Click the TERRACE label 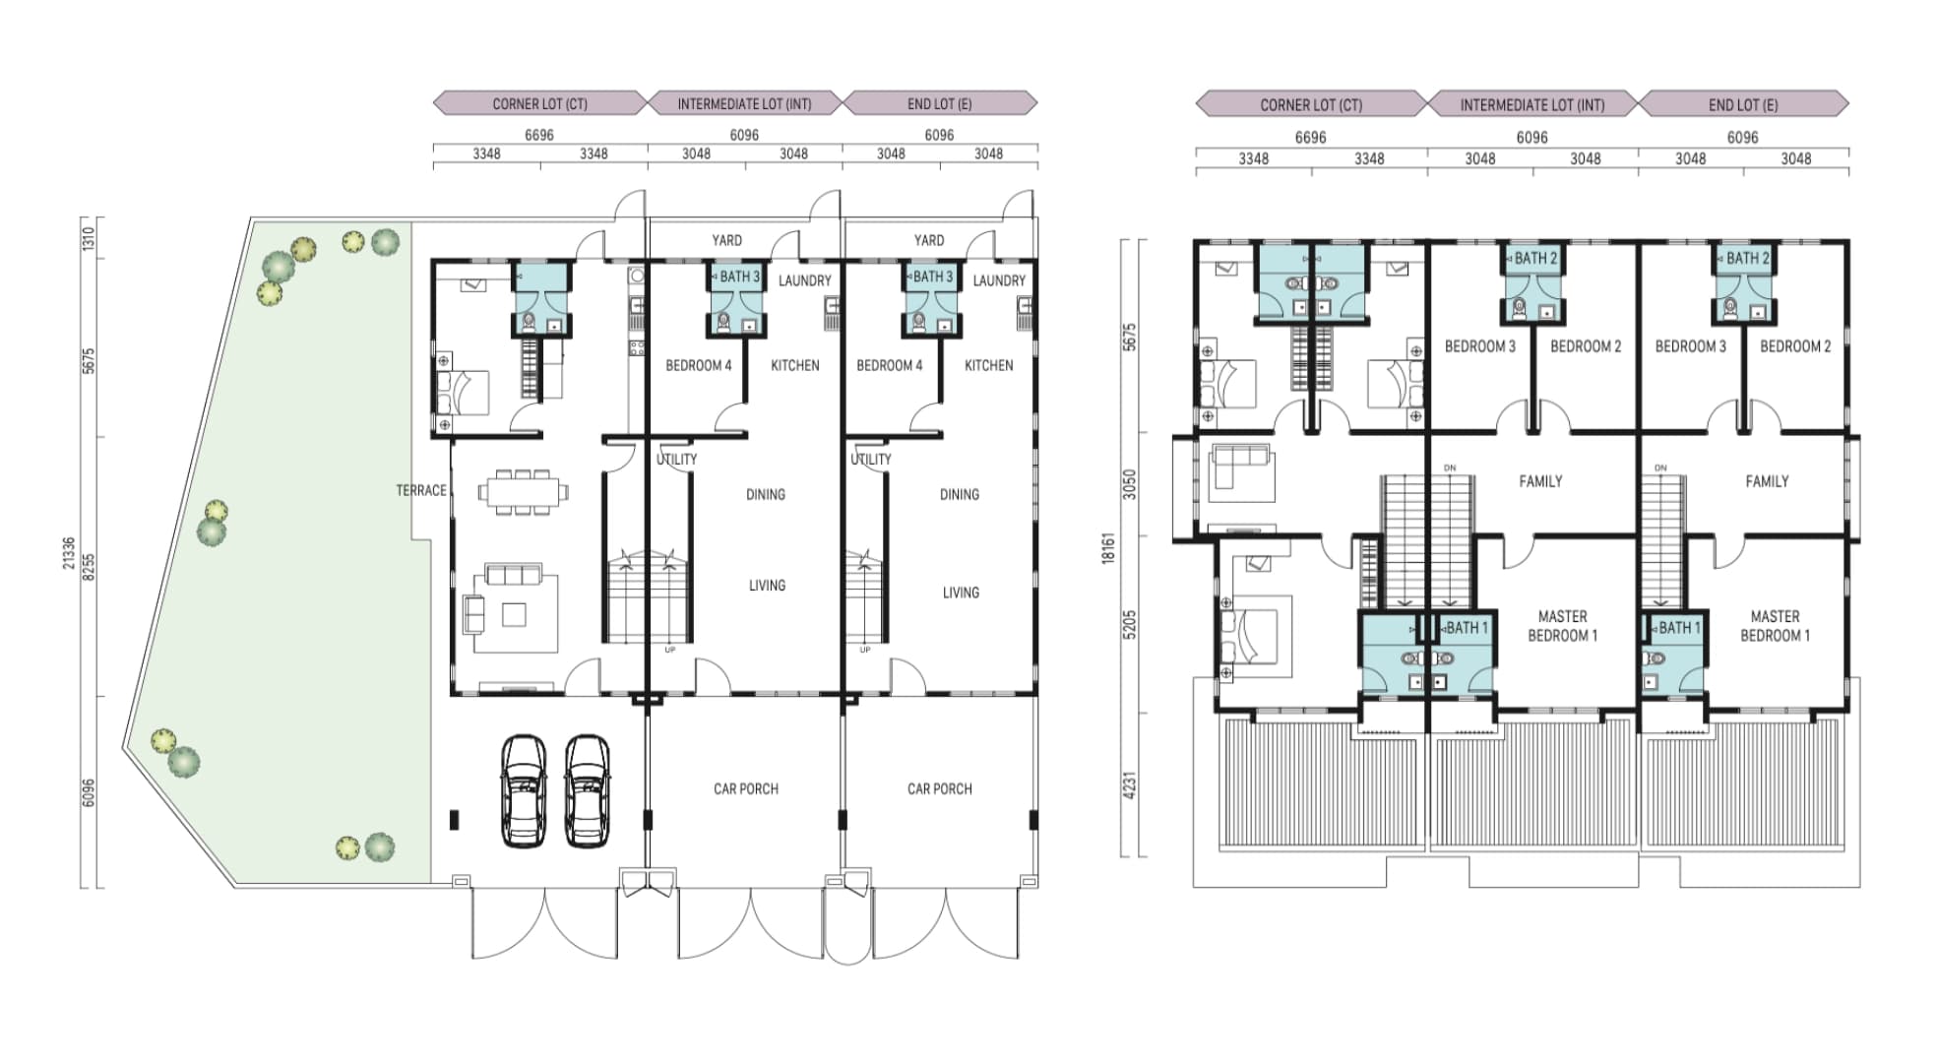[421, 490]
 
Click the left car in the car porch [524, 790]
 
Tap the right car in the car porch [588, 790]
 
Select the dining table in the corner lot [524, 490]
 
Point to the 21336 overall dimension [68, 552]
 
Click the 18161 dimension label [1108, 548]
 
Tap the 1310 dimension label [89, 239]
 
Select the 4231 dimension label [1129, 784]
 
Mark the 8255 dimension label [89, 567]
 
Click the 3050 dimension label [1129, 484]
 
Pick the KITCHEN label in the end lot [988, 365]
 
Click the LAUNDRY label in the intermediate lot [804, 281]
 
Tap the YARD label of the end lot [928, 240]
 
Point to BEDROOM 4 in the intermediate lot [698, 365]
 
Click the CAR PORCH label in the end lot [939, 788]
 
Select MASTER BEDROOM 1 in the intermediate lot [1562, 626]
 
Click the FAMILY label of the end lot [1767, 481]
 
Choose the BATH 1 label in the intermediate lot [1467, 628]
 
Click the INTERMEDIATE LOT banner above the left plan [744, 103]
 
